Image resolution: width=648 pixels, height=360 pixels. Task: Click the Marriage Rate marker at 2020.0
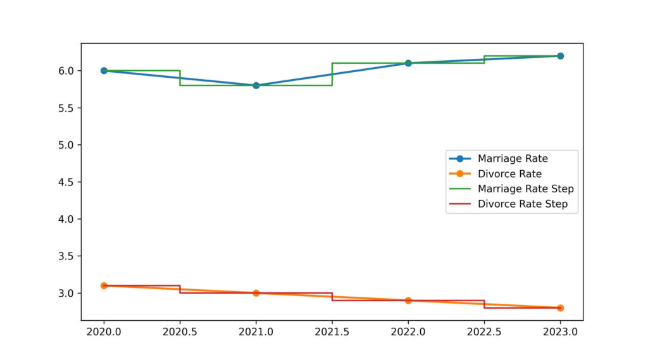104,71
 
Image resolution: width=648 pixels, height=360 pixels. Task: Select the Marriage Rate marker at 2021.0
256,85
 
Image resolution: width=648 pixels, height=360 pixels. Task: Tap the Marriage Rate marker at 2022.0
408,63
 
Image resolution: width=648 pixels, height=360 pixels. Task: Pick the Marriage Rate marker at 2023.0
560,56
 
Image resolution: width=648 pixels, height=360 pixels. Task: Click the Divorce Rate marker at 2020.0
104,286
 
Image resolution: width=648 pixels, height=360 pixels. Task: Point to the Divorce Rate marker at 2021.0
256,293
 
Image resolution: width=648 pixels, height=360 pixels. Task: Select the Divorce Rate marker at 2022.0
408,301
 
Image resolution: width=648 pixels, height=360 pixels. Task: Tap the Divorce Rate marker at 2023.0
560,307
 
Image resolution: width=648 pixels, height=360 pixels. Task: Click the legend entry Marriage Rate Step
525,189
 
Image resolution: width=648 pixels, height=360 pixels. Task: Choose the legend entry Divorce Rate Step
522,204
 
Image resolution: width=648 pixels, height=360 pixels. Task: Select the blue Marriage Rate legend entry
513,158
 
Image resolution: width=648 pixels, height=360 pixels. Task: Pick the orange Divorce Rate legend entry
509,173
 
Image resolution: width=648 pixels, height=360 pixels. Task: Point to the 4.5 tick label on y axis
65,182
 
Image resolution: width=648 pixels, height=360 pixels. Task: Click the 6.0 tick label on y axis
65,71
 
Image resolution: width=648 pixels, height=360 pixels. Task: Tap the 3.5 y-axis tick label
65,256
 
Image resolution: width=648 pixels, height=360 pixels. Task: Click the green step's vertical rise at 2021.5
332,74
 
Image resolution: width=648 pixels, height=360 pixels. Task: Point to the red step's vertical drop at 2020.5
180,289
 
